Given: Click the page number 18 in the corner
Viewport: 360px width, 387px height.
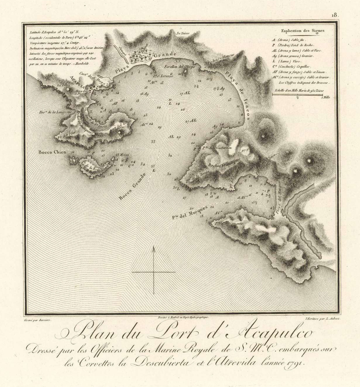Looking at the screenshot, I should (335, 15).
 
